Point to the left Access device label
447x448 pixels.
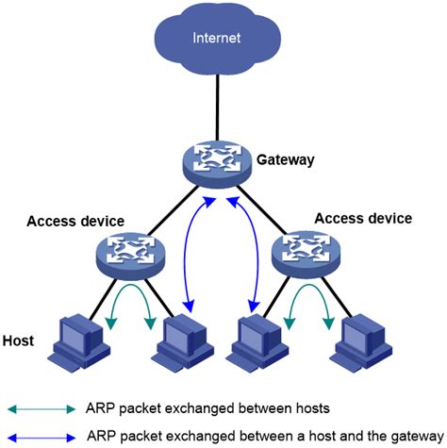point(75,222)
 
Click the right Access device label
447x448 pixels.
point(363,218)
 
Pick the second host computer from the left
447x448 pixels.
point(185,339)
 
